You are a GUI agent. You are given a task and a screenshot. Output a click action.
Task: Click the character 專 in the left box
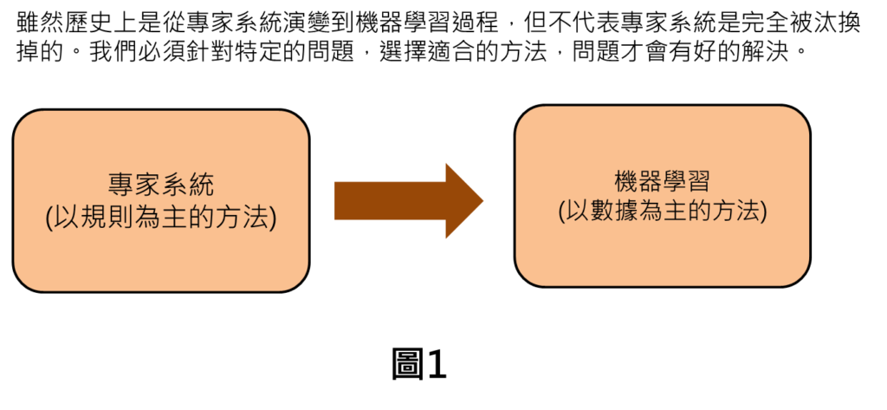pos(120,185)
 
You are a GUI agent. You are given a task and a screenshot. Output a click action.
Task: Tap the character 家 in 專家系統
pos(146,185)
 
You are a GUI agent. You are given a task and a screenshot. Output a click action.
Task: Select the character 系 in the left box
pos(173,185)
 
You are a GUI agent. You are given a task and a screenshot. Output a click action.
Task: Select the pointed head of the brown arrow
pos(463,200)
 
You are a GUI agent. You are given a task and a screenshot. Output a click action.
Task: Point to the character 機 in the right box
pos(625,182)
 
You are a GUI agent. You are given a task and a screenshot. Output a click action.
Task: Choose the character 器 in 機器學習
pos(650,182)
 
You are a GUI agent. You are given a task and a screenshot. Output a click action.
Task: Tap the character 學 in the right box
pos(676,182)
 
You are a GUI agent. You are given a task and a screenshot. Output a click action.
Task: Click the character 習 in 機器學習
pos(701,182)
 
